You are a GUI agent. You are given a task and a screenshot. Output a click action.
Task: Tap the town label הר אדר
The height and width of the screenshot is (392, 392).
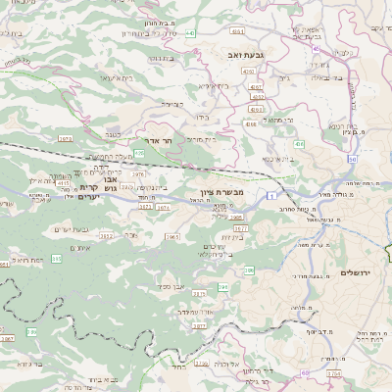tap(159, 140)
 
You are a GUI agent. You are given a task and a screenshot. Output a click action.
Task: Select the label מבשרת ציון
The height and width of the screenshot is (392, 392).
tap(237, 191)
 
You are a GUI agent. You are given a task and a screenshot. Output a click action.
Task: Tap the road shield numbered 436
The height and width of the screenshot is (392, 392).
tap(298, 144)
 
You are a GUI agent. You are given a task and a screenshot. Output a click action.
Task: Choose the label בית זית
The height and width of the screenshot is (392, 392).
tap(237, 236)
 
